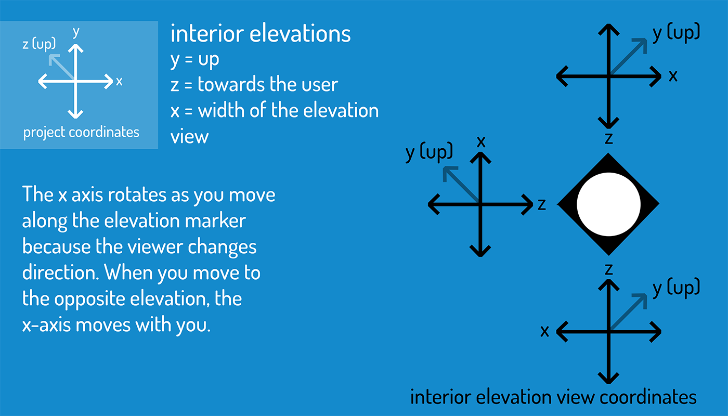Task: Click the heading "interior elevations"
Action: [x=261, y=34]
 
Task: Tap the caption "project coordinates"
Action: [x=81, y=132]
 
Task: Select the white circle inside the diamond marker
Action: [x=608, y=204]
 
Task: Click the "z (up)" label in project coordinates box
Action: [x=39, y=44]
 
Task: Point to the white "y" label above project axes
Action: [x=76, y=32]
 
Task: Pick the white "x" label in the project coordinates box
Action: [x=119, y=81]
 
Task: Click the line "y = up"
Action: [x=194, y=60]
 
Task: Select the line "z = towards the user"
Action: [x=254, y=85]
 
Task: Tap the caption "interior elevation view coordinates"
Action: [x=553, y=397]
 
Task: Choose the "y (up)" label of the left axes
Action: [x=429, y=152]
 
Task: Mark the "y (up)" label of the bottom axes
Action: [x=676, y=288]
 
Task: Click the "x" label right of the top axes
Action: [x=673, y=76]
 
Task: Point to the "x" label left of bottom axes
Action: [x=544, y=331]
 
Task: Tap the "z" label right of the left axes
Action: [x=541, y=205]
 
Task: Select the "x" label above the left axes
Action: [x=481, y=141]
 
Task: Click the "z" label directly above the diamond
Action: [x=608, y=138]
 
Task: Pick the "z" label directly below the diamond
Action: [x=608, y=269]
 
